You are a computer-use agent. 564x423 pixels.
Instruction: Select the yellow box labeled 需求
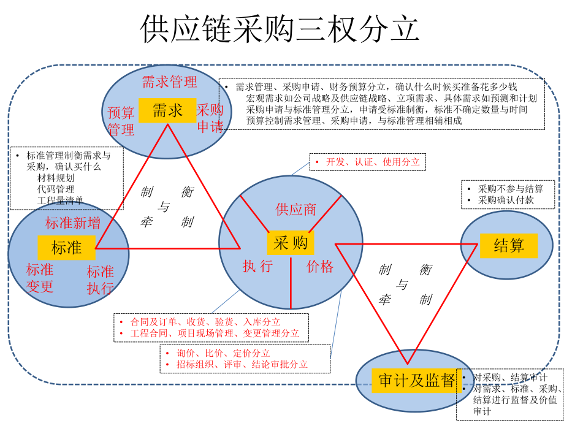click(167, 110)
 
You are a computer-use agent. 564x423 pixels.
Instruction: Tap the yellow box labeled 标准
click(66, 247)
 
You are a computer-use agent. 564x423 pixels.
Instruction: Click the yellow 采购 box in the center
click(291, 243)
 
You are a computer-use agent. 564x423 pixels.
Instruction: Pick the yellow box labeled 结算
click(509, 246)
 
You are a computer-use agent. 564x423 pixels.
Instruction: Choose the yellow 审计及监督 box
click(416, 381)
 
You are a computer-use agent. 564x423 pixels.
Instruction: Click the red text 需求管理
click(169, 82)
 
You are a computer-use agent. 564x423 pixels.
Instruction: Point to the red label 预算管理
click(121, 121)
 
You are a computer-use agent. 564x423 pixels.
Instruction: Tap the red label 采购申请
click(210, 118)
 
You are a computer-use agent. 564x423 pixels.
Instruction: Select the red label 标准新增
click(73, 223)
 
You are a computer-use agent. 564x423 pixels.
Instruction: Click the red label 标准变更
click(40, 278)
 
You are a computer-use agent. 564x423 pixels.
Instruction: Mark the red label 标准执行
click(100, 280)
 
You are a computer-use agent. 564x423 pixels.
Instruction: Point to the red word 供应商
click(295, 209)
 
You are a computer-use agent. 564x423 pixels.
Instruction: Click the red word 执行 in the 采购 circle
click(257, 266)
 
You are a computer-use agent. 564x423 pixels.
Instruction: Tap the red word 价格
click(320, 266)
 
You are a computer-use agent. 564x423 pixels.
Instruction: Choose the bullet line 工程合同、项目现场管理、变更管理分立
click(215, 333)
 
